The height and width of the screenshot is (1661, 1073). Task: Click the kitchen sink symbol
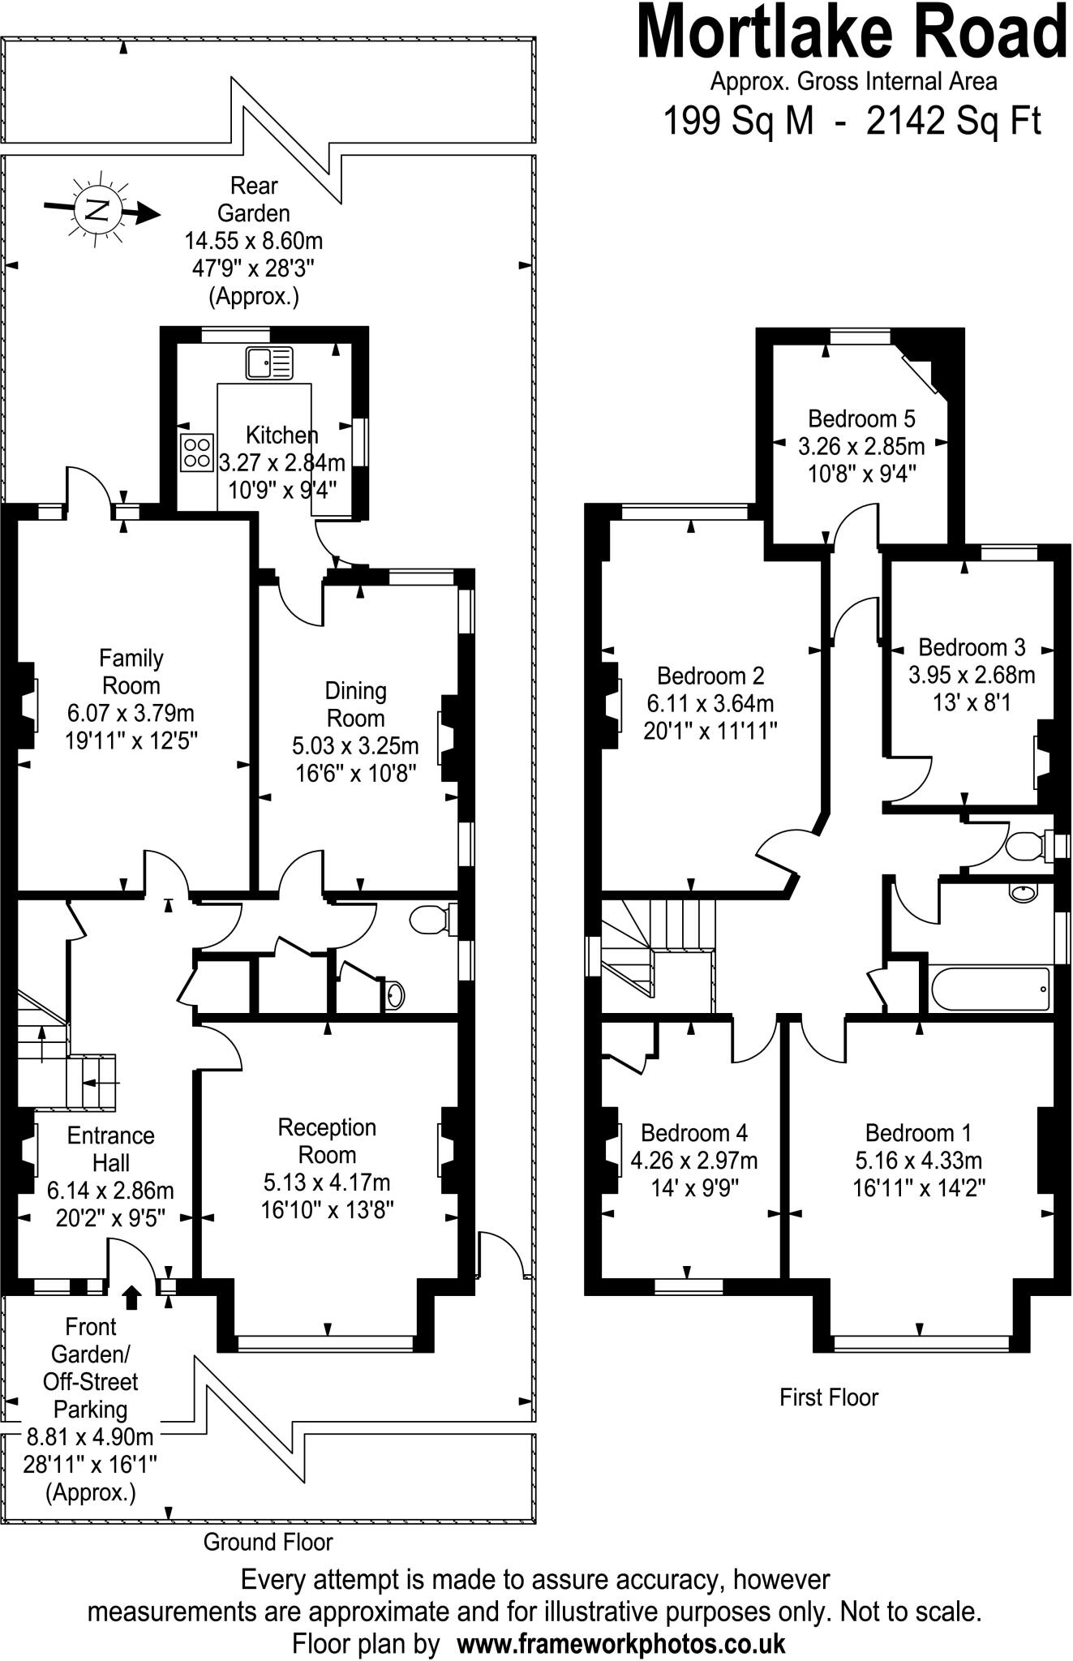(268, 363)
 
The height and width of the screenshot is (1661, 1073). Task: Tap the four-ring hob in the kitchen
(197, 452)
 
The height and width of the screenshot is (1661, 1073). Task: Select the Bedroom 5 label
(861, 418)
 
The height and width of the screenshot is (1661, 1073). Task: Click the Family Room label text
(131, 672)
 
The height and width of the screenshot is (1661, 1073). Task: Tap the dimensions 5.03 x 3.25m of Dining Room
(355, 745)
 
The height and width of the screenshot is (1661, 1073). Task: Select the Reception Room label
(327, 1140)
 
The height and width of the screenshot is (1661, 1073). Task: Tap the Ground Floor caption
(268, 1541)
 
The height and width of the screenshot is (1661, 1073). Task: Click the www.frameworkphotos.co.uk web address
(621, 1644)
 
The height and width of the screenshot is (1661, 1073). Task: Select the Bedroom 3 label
(972, 647)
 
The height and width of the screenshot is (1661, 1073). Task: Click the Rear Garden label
(254, 200)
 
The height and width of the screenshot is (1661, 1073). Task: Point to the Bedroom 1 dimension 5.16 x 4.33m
(918, 1161)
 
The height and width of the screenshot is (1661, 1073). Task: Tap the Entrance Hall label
(110, 1149)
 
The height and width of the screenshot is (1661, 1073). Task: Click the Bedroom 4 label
(694, 1132)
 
